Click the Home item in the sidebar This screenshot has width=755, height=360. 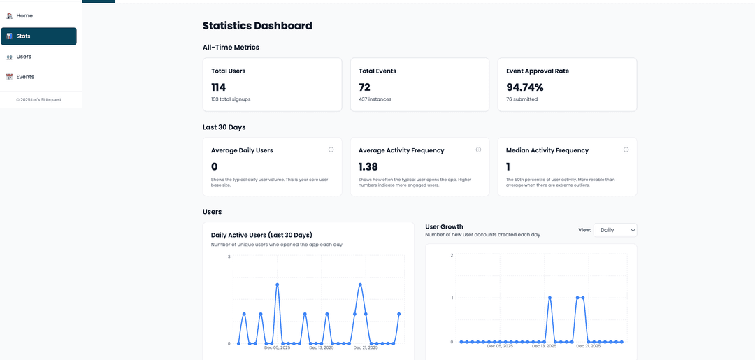point(24,15)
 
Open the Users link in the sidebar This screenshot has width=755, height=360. point(24,57)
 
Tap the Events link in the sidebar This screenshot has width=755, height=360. point(24,77)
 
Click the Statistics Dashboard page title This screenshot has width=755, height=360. point(257,26)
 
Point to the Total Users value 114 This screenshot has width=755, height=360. point(219,87)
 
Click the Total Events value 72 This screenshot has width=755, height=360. point(364,87)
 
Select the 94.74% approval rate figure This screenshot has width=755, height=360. point(524,87)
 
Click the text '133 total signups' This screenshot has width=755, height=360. point(231,99)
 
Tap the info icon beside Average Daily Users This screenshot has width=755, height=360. point(331,150)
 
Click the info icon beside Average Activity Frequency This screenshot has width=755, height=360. point(478,150)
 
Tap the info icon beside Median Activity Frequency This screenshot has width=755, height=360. point(626,150)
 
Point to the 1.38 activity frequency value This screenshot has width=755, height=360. point(368,166)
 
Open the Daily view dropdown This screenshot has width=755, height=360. point(615,229)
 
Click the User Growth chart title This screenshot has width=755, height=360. point(444,227)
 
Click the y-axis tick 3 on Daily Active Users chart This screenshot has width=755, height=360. point(229,257)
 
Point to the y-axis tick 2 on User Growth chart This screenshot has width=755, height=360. point(452,255)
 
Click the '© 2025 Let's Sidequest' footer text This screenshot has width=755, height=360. point(38,99)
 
